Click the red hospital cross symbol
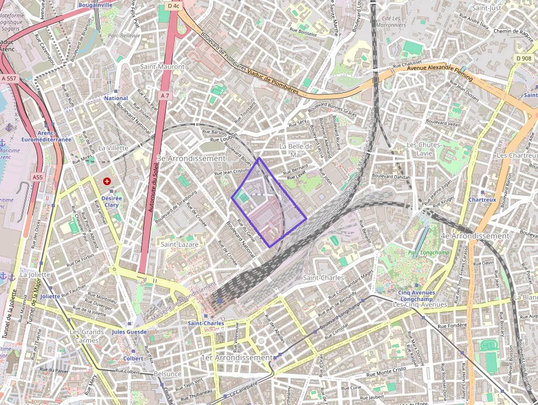(x=107, y=181)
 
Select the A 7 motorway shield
(x=165, y=96)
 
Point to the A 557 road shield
(x=9, y=79)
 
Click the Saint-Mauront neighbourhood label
(x=162, y=66)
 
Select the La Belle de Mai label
(x=296, y=150)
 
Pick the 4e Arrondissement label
(x=475, y=236)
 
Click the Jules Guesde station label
(x=129, y=332)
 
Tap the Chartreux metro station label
(x=482, y=199)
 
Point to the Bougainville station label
(x=96, y=5)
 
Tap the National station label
(x=116, y=98)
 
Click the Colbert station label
(x=133, y=358)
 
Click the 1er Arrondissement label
(x=237, y=358)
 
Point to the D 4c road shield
(x=173, y=5)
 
